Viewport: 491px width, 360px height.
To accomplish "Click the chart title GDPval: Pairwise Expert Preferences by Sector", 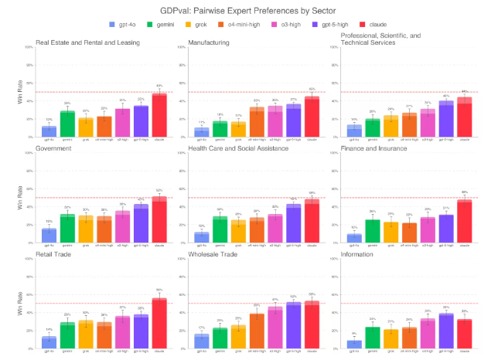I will (x=245, y=11).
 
